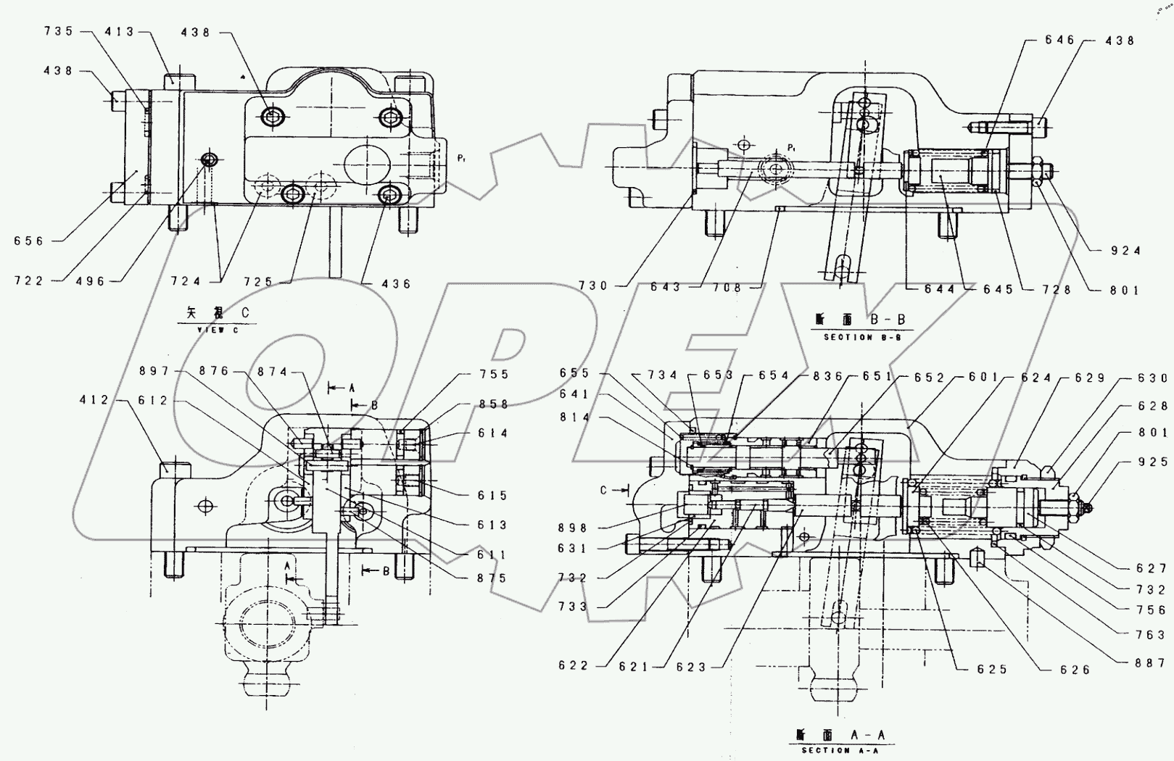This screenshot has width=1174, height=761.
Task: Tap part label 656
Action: point(29,241)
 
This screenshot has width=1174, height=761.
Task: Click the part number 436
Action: point(395,283)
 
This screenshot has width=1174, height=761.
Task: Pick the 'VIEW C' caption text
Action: point(217,330)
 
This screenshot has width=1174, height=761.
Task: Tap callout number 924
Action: point(1125,251)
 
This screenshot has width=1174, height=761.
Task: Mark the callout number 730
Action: point(593,286)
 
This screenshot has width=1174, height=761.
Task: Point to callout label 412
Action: point(95,400)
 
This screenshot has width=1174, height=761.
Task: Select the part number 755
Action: point(494,375)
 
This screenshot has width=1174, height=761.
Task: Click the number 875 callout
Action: point(492,578)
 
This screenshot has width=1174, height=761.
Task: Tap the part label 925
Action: point(1153,462)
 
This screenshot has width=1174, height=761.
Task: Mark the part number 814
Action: point(575,417)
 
